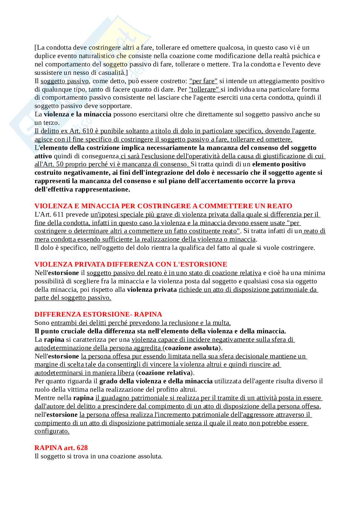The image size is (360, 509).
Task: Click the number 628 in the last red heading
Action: pos(82,448)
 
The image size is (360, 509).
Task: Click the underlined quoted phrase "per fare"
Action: pos(203,81)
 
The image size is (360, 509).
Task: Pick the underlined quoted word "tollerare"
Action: pos(204,89)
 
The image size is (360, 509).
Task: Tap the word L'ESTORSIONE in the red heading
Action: pos(200,264)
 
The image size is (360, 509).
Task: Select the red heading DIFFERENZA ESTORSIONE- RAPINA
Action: pos(98,314)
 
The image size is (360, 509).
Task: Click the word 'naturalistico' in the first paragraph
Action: pos(97,56)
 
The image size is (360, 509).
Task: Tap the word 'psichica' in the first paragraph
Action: pos(304,56)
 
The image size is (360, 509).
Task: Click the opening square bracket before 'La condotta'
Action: pos(35,47)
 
